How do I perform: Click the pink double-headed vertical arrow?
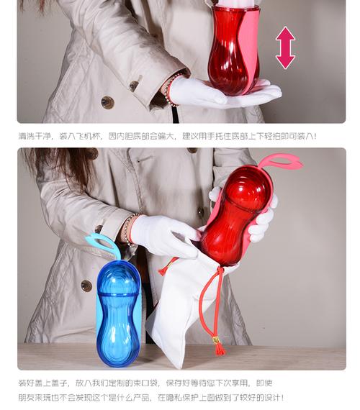[285, 48]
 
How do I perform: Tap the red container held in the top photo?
[234, 50]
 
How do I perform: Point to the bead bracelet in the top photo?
[170, 89]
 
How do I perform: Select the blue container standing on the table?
[118, 313]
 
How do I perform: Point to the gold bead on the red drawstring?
[216, 340]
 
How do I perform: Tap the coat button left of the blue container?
[86, 286]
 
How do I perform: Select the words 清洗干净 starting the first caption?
[34, 136]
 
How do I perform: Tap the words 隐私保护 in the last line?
[182, 398]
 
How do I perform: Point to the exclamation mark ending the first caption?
[315, 136]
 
